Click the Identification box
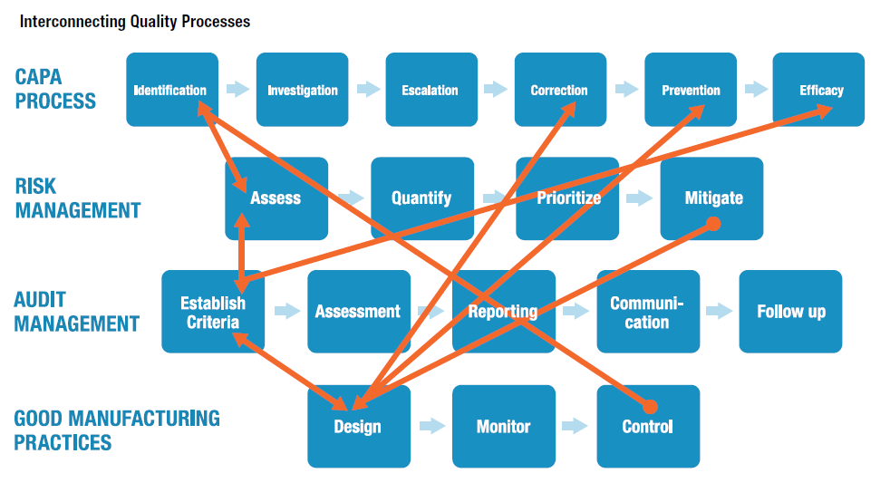click(172, 89)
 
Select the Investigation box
click(302, 89)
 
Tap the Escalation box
click(430, 89)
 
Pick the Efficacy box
click(819, 89)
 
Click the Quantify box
click(421, 198)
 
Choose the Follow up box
click(790, 311)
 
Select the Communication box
click(647, 311)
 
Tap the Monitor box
click(503, 426)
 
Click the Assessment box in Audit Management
click(358, 311)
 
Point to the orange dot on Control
click(650, 407)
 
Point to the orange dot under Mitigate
click(713, 223)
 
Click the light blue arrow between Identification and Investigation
click(237, 89)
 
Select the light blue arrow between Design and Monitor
click(431, 426)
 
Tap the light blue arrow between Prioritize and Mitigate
click(639, 198)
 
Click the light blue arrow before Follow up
click(719, 311)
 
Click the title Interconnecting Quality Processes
click(135, 21)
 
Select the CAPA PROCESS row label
click(55, 89)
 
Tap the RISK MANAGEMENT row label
click(78, 198)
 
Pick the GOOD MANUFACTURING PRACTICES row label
click(117, 430)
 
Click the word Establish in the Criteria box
click(213, 303)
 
